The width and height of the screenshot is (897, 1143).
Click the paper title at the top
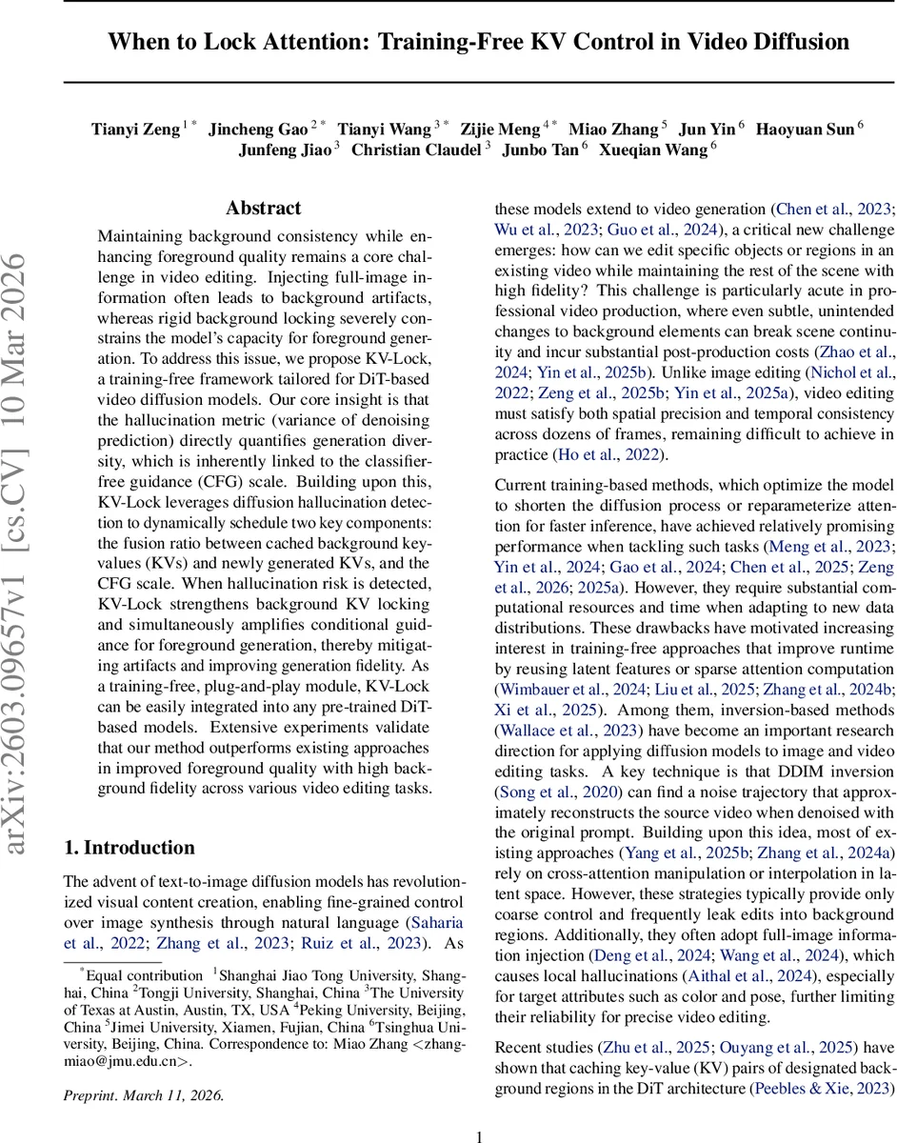point(478,42)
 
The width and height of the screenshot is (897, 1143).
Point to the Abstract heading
point(264,208)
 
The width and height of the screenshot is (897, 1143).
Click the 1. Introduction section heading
point(129,848)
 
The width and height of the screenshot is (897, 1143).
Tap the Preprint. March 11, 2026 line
point(143,1095)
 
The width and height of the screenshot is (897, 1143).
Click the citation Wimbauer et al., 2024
point(568,690)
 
